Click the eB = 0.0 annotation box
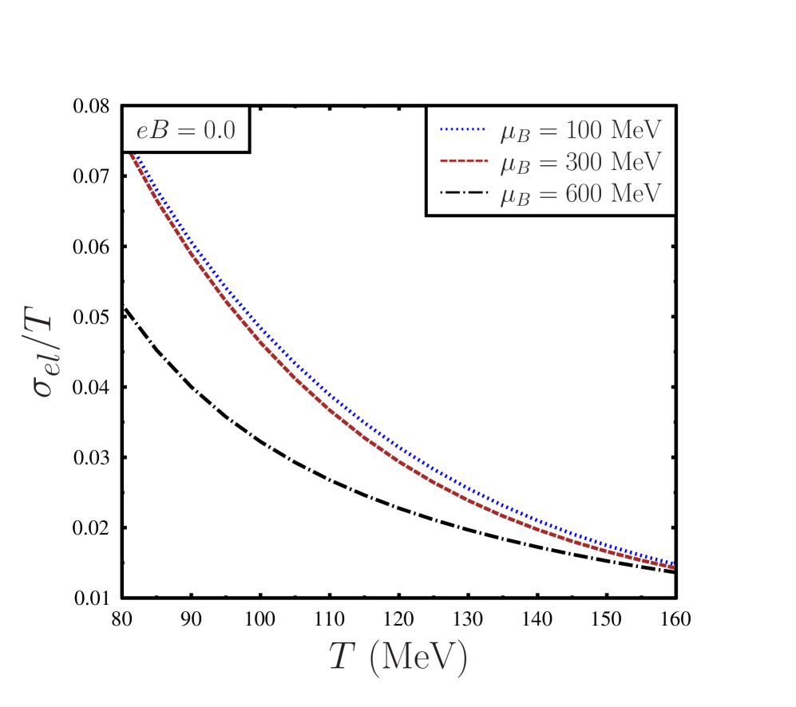click(x=185, y=129)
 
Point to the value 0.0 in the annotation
click(x=220, y=130)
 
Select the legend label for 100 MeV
click(x=580, y=130)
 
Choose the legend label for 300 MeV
click(x=580, y=162)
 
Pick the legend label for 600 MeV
click(x=580, y=194)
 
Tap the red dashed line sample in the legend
click(x=462, y=161)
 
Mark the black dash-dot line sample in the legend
click(x=462, y=193)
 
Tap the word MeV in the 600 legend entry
click(x=636, y=194)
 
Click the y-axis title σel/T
click(x=41, y=353)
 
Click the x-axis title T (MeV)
click(x=398, y=658)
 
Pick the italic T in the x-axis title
click(x=342, y=656)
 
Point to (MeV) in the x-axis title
click(x=418, y=658)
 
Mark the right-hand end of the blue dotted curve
click(x=674, y=563)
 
